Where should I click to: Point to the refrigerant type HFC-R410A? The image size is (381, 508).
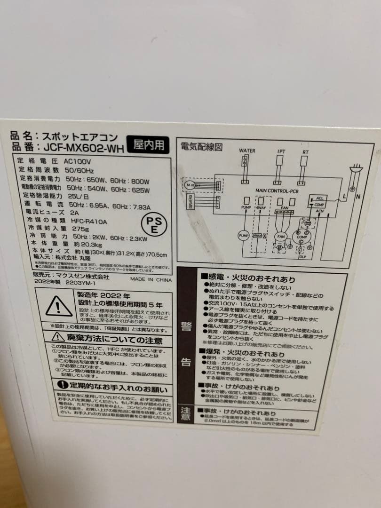tap(88, 221)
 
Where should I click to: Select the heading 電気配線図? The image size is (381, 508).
tap(201, 147)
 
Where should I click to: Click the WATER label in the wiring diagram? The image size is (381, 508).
tap(247, 151)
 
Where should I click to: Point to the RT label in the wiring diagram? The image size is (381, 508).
tap(305, 153)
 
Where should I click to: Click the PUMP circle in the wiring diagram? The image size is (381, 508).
tap(244, 235)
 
